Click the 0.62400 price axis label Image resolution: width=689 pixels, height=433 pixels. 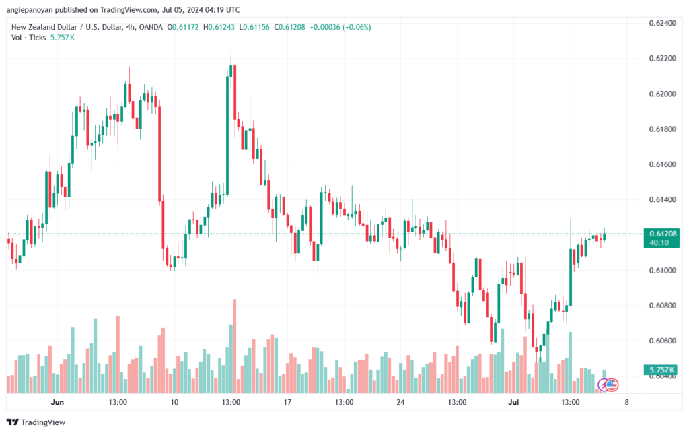point(663,23)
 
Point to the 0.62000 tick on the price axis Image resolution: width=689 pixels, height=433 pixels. point(663,94)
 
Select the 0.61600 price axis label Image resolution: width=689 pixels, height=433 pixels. point(663,164)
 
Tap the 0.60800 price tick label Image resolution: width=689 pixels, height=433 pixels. point(663,306)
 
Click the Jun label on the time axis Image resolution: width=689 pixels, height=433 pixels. point(57,402)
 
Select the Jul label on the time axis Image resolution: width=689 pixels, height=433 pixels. point(513,402)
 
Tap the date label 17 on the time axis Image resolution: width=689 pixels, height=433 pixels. point(287,402)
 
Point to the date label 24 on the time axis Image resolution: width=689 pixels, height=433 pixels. point(400,402)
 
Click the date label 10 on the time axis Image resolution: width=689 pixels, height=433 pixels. point(174,402)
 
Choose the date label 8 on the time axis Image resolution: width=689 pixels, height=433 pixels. point(626,402)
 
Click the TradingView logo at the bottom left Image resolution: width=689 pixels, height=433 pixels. point(36,422)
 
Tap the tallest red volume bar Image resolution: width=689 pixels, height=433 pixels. point(235,346)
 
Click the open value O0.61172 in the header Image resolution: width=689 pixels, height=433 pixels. point(183,27)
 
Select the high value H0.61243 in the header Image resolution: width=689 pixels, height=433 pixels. point(219,27)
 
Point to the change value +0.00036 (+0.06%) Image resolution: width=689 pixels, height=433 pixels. point(340,27)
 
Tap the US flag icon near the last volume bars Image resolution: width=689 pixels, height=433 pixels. point(612,385)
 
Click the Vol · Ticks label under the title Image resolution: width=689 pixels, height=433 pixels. point(28,38)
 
